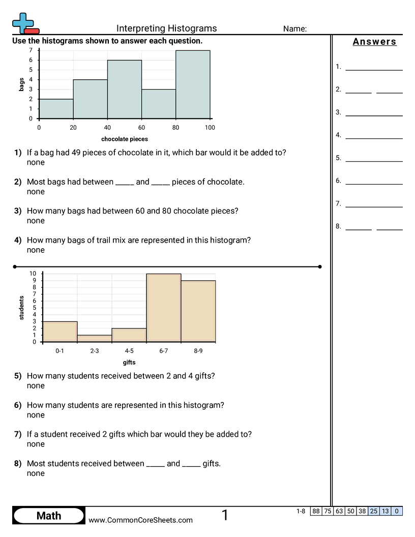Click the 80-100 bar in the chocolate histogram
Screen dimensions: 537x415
coord(193,84)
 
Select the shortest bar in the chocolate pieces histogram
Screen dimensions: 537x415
coord(56,109)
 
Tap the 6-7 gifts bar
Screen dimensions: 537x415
coord(164,308)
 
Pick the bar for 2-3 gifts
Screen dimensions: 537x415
coord(95,339)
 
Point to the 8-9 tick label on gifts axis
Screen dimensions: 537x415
coord(198,351)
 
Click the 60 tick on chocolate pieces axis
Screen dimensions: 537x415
coord(141,128)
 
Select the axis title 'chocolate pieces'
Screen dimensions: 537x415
coord(125,139)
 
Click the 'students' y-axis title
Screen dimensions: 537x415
coord(21,308)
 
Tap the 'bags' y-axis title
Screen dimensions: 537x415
coord(21,84)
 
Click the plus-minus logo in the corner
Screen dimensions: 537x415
coord(24,23)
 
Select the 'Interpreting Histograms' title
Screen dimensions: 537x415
coord(166,28)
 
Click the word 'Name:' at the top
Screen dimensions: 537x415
coord(295,29)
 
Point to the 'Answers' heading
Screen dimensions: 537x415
coord(374,42)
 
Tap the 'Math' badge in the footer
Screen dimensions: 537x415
coord(49,516)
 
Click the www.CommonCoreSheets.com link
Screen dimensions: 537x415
coord(141,520)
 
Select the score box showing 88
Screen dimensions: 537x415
coord(316,511)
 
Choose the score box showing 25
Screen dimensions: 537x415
coord(374,511)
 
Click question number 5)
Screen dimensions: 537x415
coord(18,376)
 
